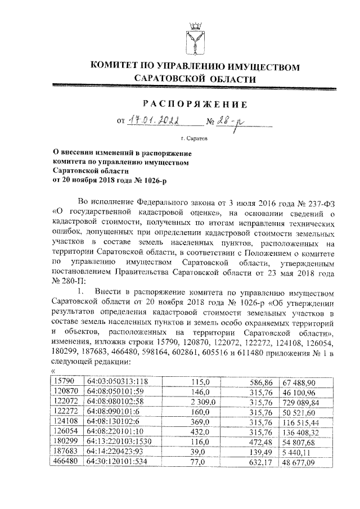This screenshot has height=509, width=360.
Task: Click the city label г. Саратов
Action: click(195, 137)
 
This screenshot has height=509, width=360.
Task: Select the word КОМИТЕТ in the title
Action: click(115, 67)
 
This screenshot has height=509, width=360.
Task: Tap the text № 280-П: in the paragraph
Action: click(67, 280)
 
